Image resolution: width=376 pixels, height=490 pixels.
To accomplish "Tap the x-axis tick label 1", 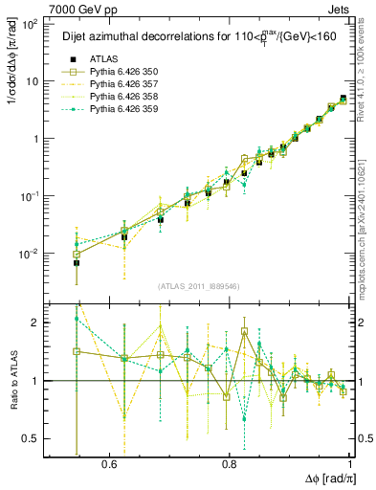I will (x=352, y=464).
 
